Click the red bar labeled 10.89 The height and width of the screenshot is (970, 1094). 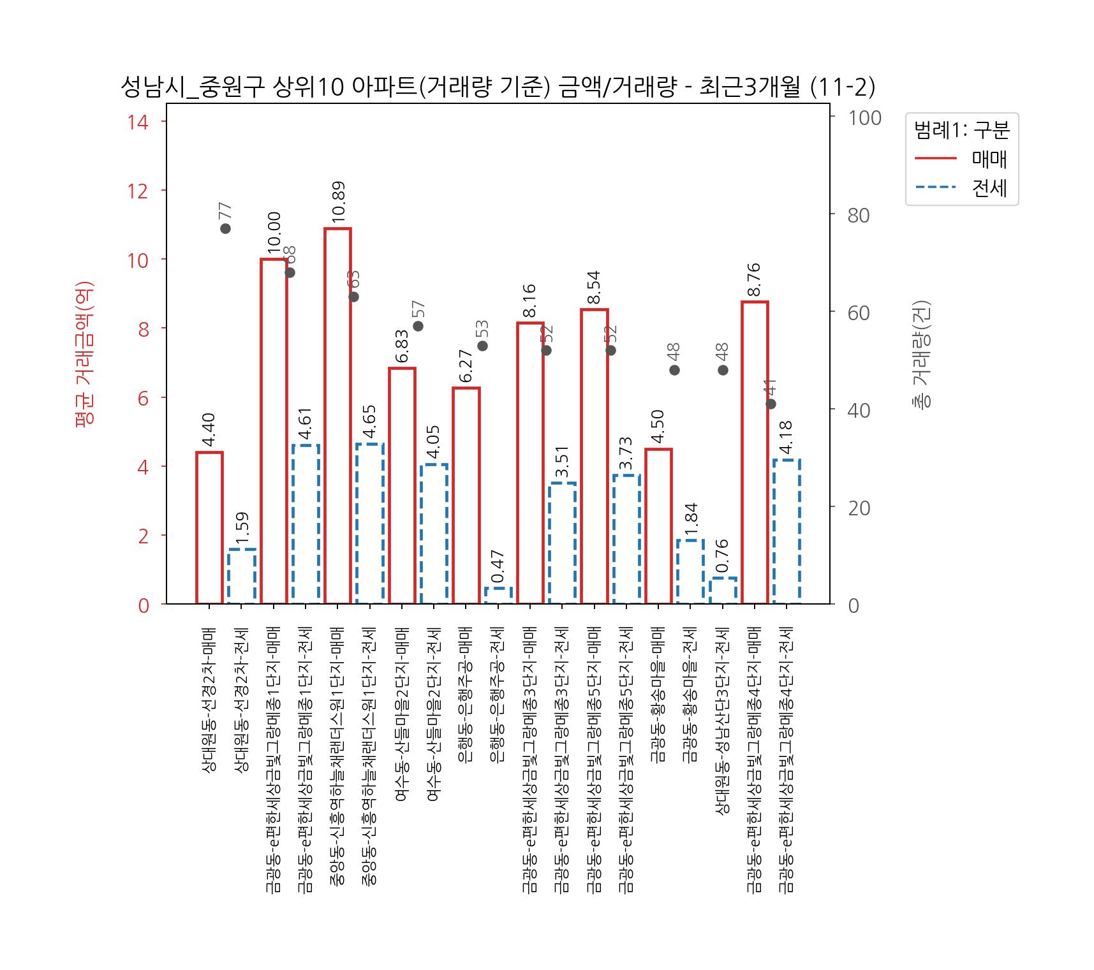(x=337, y=416)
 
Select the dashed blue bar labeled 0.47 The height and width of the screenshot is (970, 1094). (x=498, y=596)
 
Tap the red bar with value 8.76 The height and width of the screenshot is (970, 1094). (x=755, y=453)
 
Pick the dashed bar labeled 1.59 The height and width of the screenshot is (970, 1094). (x=242, y=577)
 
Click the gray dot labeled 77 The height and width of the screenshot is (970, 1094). (x=225, y=228)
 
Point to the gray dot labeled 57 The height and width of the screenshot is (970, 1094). (x=418, y=326)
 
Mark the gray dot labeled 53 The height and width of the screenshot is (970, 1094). (x=482, y=346)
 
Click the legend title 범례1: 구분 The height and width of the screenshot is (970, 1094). (x=961, y=130)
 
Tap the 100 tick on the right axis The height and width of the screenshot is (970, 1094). (x=864, y=118)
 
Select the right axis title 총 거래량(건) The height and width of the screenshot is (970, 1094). (x=922, y=354)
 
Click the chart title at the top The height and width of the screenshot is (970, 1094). (x=498, y=87)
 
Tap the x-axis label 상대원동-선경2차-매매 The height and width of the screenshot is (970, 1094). (x=209, y=700)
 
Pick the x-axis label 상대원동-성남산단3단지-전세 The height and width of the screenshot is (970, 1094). (x=723, y=721)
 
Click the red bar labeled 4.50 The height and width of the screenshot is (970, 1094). (x=658, y=526)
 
